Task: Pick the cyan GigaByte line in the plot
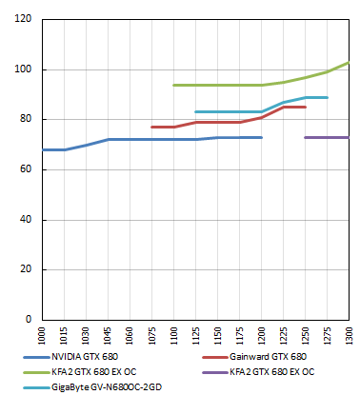point(229,111)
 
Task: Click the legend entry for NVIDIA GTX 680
point(90,356)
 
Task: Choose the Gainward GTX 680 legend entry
point(266,356)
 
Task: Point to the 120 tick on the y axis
point(22,20)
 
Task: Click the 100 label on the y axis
point(22,70)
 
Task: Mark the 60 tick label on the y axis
point(25,170)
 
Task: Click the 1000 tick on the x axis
point(42,335)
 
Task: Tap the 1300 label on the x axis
point(349,335)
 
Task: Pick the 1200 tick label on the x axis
point(262,335)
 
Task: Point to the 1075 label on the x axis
point(152,335)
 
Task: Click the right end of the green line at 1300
point(349,63)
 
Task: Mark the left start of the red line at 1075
point(152,127)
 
